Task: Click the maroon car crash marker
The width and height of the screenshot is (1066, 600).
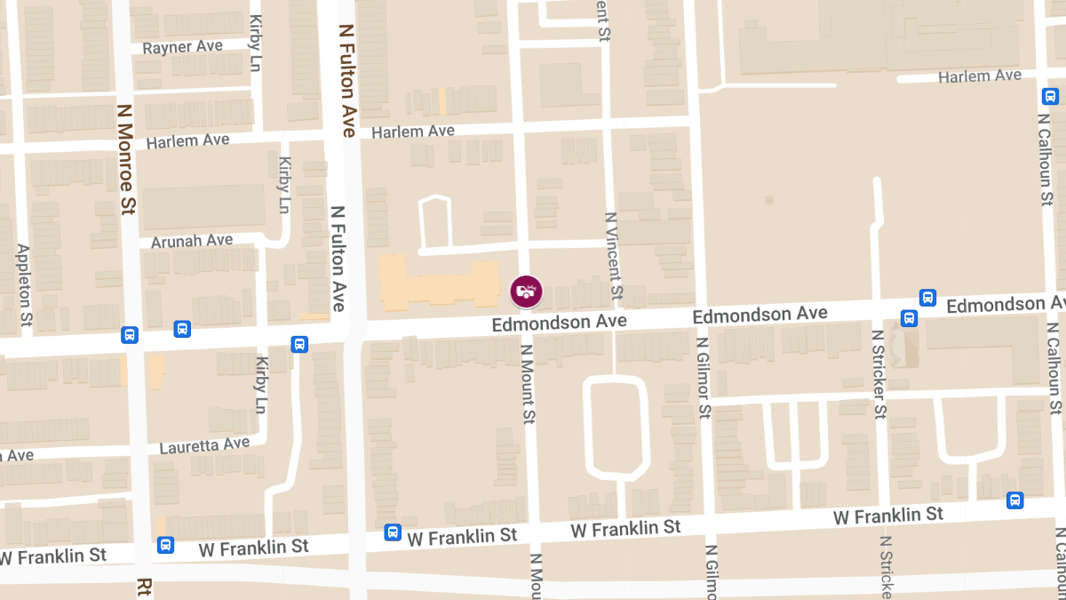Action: point(526,291)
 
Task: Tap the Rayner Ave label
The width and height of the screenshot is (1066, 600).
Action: point(181,47)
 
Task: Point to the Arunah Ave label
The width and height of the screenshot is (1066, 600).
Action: point(192,241)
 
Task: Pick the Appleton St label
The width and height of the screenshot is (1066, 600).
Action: point(24,284)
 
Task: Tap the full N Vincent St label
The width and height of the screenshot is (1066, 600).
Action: point(612,255)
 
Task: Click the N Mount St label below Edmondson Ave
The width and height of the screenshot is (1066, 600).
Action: point(528,384)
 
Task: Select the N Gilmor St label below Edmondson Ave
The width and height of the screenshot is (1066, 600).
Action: point(704,376)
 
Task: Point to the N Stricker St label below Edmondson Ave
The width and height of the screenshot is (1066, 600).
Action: point(879,374)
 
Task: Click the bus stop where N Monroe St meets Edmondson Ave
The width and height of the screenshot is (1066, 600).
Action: point(130,335)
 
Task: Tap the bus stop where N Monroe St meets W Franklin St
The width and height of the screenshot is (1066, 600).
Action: point(165,544)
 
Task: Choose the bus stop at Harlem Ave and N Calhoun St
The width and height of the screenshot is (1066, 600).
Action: point(1050,96)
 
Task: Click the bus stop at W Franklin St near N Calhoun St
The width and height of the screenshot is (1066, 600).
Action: point(1015,500)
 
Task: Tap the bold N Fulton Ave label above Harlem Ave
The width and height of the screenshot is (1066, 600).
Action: point(346,80)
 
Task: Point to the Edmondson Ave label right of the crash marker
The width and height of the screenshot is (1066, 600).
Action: point(760,315)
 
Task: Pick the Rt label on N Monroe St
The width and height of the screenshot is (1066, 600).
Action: point(144,588)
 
